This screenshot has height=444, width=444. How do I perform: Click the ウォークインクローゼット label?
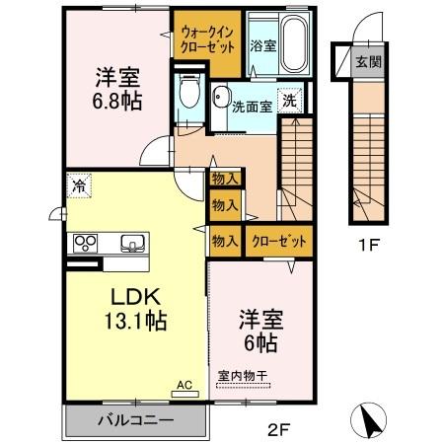(x=206, y=38)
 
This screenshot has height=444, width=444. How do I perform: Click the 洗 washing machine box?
(x=289, y=100)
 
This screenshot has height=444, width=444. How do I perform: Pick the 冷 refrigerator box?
(x=78, y=184)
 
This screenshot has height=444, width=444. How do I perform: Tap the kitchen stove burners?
(x=82, y=244)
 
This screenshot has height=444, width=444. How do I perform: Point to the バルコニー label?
(x=135, y=420)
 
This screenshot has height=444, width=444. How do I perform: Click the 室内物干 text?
(x=243, y=376)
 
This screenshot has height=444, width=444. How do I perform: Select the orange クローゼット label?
(x=275, y=241)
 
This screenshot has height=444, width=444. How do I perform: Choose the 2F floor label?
(x=279, y=428)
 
